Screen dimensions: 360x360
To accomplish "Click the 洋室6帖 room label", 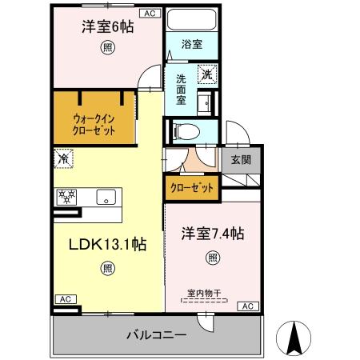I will click(106, 26).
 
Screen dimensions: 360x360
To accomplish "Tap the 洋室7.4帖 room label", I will click(211, 234).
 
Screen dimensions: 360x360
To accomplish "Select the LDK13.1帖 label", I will click(106, 246).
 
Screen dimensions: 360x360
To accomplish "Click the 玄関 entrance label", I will click(241, 159).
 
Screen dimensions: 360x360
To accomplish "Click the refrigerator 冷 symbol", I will click(63, 158).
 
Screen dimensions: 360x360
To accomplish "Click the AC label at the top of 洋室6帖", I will click(150, 13).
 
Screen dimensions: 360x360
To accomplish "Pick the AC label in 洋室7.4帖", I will click(247, 306).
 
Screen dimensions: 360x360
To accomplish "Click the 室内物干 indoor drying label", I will click(205, 293).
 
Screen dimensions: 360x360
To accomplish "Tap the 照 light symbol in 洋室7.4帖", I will click(212, 258).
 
